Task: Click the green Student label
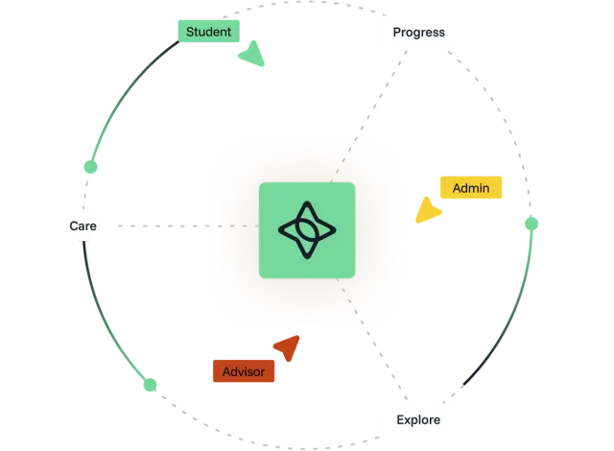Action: pos(208,32)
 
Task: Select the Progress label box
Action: pos(419,33)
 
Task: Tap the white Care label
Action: pos(83,226)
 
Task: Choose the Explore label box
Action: pos(418,419)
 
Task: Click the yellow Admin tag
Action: pos(470,187)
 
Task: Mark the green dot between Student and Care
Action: pos(92,168)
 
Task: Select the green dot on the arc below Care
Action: pos(149,386)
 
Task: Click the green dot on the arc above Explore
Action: pos(533,225)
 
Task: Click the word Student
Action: pos(208,32)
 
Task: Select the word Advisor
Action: pos(243,370)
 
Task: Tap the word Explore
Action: pos(418,419)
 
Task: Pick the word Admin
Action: pos(470,187)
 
